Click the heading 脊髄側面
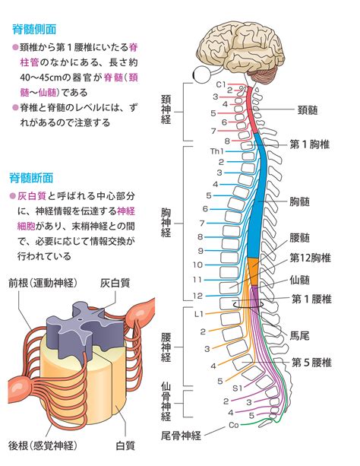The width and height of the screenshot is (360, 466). (x=34, y=30)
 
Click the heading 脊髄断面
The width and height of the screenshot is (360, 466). (x=31, y=178)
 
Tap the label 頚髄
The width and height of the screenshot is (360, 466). (x=308, y=110)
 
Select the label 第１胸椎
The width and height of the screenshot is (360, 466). (x=310, y=144)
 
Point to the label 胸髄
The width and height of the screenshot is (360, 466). (x=299, y=201)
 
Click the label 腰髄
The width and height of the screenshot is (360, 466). (x=299, y=238)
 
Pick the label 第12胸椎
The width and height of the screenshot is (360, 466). (x=310, y=258)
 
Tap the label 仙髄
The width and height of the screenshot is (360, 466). (x=299, y=280)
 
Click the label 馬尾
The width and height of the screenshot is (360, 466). (x=299, y=336)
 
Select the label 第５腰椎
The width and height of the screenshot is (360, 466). (x=311, y=363)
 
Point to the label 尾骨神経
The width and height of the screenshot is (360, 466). (x=181, y=436)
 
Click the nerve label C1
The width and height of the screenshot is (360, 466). (x=221, y=84)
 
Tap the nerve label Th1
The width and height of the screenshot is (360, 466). (x=216, y=151)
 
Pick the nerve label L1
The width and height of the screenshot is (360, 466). (x=198, y=314)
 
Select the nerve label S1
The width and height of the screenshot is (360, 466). (x=238, y=388)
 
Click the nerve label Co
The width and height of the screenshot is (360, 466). (x=234, y=425)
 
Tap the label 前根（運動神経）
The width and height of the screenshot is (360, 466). (x=43, y=283)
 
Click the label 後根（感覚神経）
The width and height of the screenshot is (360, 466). (x=43, y=445)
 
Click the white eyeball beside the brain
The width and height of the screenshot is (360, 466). (x=202, y=74)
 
